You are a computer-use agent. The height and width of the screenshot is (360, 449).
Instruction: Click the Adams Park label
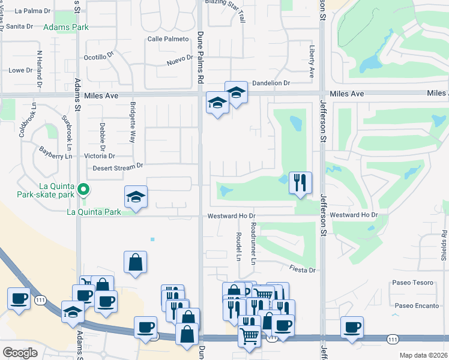point(66,27)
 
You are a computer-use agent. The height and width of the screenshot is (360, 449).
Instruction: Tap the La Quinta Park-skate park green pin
point(85,191)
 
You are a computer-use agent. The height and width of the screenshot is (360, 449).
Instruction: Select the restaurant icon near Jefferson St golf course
point(300,182)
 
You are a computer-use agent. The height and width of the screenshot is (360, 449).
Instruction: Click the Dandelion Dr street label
point(271,83)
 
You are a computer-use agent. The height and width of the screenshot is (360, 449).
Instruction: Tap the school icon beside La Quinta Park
point(136,197)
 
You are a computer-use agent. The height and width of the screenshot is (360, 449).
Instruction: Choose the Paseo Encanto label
point(414,305)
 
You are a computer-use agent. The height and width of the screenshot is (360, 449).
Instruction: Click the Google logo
point(20,353)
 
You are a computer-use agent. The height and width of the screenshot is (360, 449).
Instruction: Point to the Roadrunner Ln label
point(253,244)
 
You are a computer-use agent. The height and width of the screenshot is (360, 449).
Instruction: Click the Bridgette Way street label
point(132,122)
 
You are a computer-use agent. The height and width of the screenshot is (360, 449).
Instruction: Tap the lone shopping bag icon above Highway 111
point(135,262)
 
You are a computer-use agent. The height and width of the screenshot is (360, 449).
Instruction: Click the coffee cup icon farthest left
point(19,298)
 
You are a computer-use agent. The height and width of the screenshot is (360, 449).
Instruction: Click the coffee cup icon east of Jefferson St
point(352,327)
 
